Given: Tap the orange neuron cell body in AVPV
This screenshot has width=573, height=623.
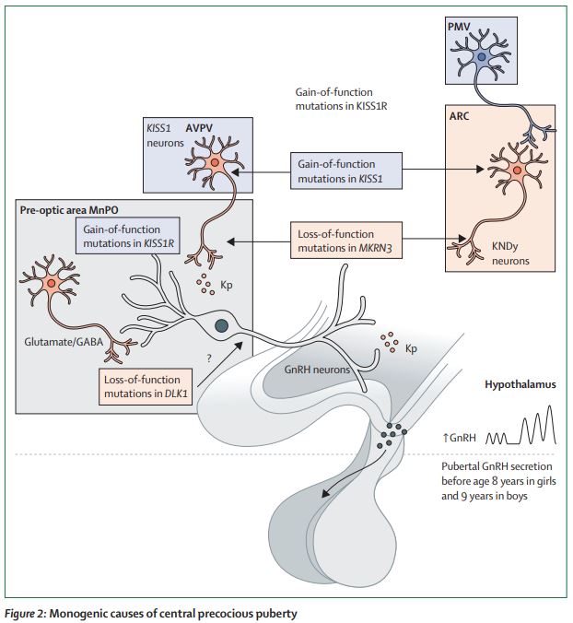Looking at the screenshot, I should click(x=214, y=163).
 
